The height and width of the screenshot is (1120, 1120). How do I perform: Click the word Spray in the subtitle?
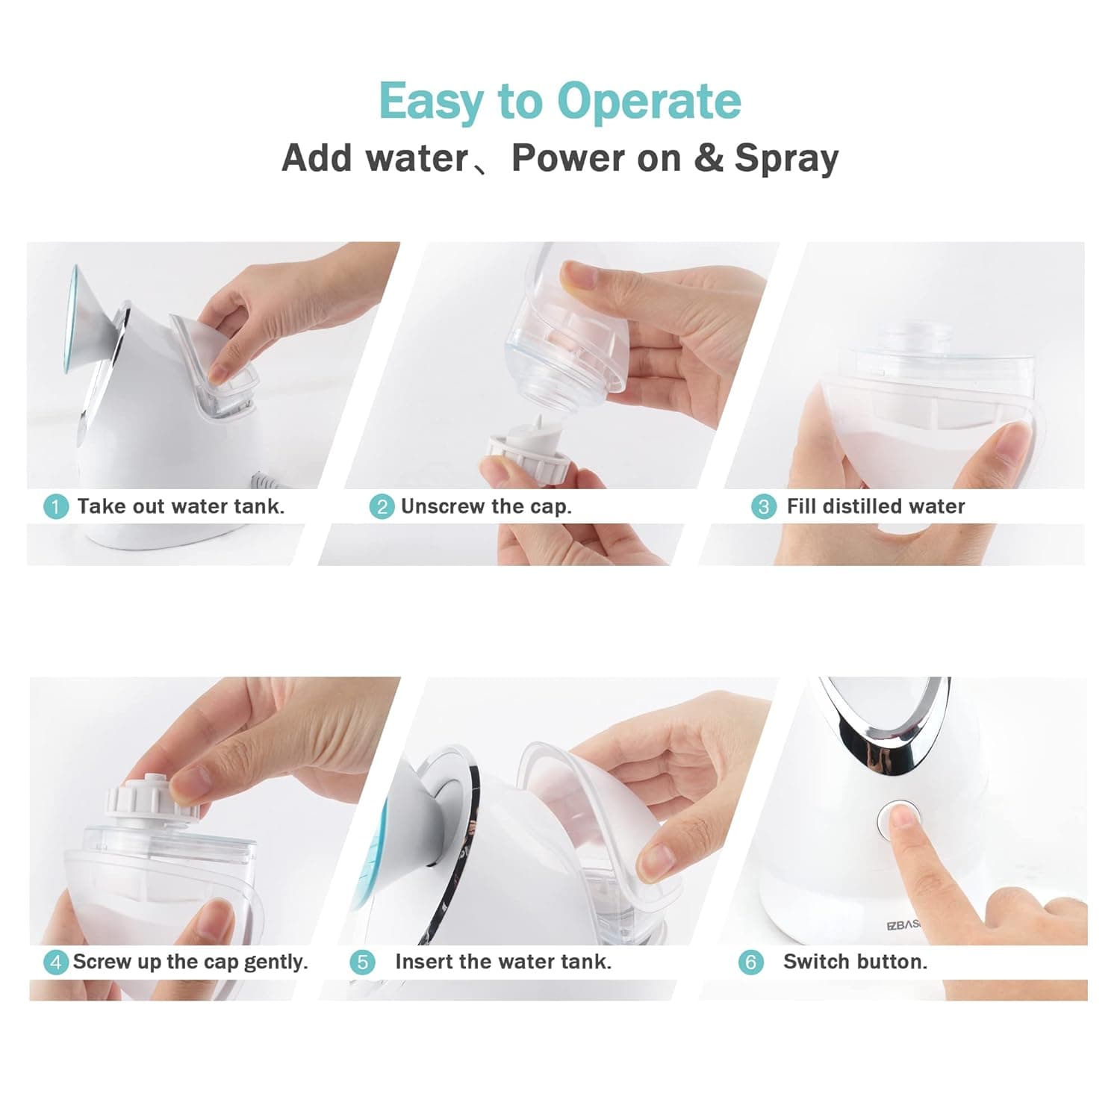(x=786, y=158)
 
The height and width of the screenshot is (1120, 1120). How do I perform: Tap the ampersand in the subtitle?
(x=709, y=158)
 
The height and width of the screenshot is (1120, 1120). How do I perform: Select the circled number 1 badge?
(x=55, y=507)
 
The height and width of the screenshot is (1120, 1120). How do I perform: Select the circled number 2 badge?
(x=382, y=507)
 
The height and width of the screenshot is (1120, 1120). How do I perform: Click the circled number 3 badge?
(x=763, y=507)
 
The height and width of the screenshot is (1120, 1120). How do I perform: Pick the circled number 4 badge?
(x=55, y=962)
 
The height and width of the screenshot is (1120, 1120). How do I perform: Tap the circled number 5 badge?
(x=362, y=962)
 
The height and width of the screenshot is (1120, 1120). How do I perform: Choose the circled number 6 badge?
(x=751, y=962)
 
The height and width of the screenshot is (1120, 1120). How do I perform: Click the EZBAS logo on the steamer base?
(x=903, y=924)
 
